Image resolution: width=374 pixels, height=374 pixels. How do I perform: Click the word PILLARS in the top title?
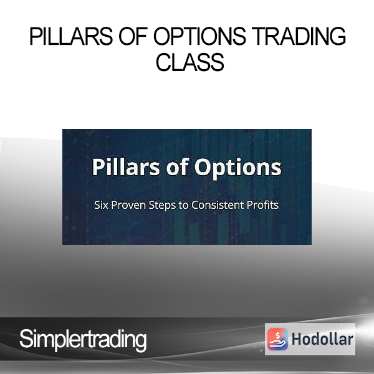coord(71,36)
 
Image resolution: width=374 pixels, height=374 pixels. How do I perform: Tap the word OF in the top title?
coord(133,36)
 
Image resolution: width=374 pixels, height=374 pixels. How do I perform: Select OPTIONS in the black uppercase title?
coord(199,36)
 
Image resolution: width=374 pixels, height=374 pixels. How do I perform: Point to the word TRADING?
coord(299,36)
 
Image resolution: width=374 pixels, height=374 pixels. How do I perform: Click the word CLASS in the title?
coord(190,62)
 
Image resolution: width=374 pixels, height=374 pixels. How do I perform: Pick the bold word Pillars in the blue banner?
coord(126,167)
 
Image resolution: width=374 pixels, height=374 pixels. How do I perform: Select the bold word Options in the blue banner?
coord(238,168)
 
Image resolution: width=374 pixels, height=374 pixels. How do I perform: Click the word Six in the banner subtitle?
coord(101,205)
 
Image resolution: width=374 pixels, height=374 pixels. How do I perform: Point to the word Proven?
coord(128,205)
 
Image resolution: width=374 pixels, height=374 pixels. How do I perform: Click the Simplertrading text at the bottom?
coord(83,340)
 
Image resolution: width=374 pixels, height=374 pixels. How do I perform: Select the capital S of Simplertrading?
coord(26,338)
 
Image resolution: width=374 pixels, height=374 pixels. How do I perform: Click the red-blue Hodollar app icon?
coord(277,339)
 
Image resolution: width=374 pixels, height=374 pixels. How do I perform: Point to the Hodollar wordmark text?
coord(322,339)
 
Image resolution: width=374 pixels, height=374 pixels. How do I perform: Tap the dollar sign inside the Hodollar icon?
coord(277,335)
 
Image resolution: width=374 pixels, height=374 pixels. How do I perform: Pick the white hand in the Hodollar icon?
coord(277,343)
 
